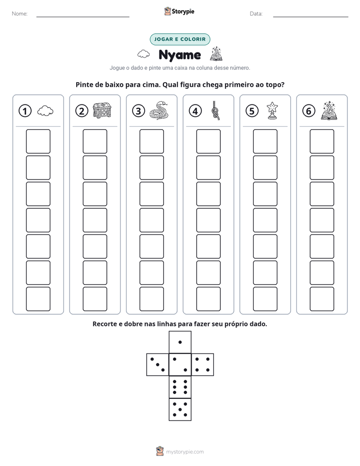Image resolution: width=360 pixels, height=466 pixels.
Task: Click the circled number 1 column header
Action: coord(25,111)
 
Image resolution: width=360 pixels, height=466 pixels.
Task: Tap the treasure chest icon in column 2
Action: coord(102,110)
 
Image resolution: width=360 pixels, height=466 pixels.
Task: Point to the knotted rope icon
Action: coord(216,110)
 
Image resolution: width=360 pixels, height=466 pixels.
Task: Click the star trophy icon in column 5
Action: coord(272,110)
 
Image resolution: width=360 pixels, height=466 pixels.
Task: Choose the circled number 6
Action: coord(309,111)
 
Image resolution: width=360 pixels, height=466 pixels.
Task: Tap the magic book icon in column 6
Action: coord(329,110)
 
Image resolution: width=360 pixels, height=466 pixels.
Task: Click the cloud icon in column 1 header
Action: coord(45,111)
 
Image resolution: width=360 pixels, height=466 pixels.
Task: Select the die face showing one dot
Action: coord(180,342)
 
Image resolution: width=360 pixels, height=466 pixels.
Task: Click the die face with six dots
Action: coord(180,387)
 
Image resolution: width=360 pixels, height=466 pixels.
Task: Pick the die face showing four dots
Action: coord(203,365)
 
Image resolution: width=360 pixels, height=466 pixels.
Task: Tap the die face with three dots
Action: coord(157,365)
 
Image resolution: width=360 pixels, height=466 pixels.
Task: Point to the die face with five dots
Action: coord(180,410)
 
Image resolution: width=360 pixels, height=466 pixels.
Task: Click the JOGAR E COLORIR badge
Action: coord(180,39)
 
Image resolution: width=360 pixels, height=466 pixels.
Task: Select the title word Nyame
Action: coord(179,55)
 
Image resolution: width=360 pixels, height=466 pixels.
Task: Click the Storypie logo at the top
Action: coord(179,11)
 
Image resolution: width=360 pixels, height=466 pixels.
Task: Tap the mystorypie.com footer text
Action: coord(185,452)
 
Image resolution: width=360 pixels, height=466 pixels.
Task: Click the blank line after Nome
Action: coord(83,17)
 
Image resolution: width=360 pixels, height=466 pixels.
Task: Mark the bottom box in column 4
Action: coord(208,299)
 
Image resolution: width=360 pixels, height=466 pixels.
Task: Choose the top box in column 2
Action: coord(95,141)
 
